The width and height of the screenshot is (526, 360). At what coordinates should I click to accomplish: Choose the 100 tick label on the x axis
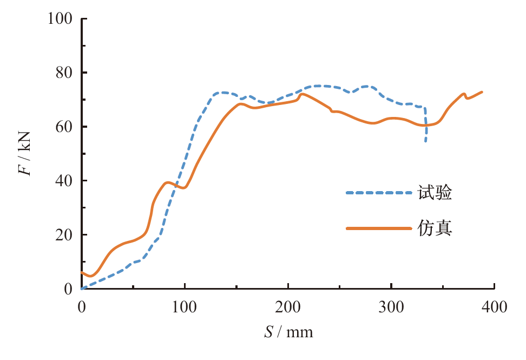pos(185,307)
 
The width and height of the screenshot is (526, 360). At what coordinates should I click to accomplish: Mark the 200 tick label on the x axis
pos(288,307)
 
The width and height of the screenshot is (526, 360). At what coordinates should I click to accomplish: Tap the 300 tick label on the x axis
pos(391,307)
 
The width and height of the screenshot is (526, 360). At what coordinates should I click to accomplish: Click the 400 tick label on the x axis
pos(495,307)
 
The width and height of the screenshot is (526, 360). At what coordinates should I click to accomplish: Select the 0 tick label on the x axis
pos(82,307)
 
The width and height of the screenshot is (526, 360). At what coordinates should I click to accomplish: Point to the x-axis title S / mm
pos(288,331)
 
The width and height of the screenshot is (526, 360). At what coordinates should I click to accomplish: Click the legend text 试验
pos(435,192)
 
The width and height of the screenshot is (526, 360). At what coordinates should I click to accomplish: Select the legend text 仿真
pos(435,228)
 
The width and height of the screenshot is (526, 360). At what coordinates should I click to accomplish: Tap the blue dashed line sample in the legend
pos(378,192)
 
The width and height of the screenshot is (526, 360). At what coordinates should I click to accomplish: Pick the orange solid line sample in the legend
pos(378,228)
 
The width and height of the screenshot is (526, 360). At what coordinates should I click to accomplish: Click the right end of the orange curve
pos(482,92)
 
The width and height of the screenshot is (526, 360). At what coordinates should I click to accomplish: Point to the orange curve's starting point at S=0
pos(82,272)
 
